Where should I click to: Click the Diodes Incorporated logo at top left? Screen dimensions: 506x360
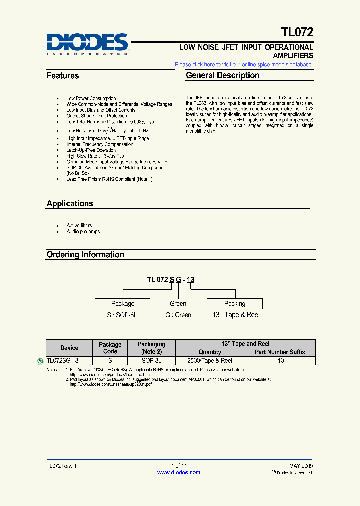88,43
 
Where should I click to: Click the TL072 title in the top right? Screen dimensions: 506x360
297,33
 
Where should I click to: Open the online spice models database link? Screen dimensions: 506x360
244,65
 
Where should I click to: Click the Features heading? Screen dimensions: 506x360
63,76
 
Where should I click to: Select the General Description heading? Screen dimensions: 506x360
223,76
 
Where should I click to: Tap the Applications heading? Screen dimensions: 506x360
70,204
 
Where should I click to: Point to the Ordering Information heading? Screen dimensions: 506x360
85,255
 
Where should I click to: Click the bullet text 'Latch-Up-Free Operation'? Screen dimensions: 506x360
91,150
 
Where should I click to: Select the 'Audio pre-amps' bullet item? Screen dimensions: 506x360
83,232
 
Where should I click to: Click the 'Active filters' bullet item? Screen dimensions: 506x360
79,226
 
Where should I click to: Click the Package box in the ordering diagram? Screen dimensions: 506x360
123,304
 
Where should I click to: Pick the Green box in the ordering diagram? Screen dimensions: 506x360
178,304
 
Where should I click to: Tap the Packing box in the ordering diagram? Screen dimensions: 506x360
235,304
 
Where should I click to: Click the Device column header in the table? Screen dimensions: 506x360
69,348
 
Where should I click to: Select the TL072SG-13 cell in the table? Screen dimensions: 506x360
62,361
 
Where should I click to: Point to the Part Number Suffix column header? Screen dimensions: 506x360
280,352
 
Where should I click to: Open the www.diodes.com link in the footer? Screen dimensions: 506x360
179,473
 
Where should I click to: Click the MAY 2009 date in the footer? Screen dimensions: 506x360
301,466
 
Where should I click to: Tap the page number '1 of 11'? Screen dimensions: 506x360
179,466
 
